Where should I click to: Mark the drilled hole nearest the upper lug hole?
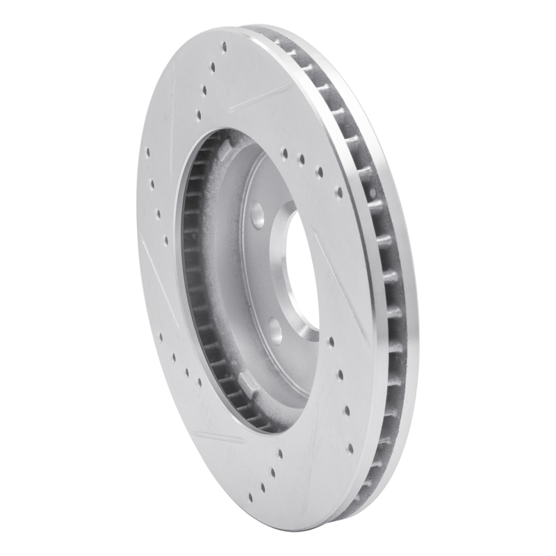pyautogui.click(x=285, y=153)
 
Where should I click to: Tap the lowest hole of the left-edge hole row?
pyautogui.click(x=167, y=241)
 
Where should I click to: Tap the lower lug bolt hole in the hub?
pyautogui.click(x=276, y=329)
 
